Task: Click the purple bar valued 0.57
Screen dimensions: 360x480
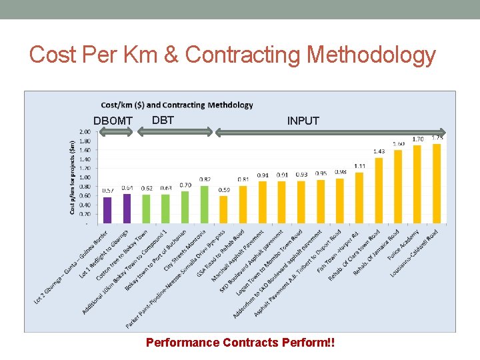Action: [107, 210]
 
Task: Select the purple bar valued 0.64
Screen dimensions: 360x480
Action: [127, 208]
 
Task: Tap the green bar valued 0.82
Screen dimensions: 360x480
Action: [204, 205]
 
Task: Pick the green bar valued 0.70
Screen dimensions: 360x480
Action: [185, 207]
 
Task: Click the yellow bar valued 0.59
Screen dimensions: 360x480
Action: [223, 209]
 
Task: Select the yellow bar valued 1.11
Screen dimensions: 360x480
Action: [359, 197]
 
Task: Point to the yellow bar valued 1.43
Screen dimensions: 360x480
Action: [379, 190]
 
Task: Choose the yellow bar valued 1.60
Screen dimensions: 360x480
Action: [398, 186]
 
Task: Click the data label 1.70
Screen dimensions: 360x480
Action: [417, 139]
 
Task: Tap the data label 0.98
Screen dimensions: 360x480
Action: [340, 172]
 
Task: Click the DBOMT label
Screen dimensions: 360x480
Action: [113, 121]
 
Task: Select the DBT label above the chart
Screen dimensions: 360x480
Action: [163, 120]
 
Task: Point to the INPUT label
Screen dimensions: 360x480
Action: [303, 121]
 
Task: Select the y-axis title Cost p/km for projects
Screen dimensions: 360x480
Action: [72, 177]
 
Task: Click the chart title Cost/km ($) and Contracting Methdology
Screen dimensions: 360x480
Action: [177, 105]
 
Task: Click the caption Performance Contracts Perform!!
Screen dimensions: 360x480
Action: [240, 343]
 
